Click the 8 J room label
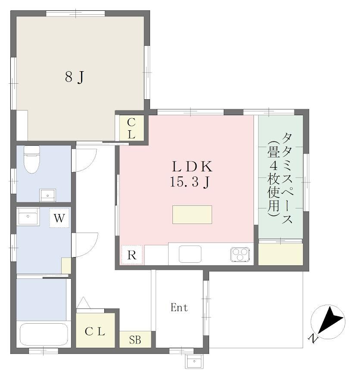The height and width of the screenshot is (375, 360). [x=75, y=77]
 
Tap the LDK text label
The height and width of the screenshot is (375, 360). [x=192, y=167]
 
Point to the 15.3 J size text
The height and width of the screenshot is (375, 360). [x=190, y=182]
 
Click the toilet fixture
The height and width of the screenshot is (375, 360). [x=31, y=159]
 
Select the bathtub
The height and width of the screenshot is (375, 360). [x=44, y=334]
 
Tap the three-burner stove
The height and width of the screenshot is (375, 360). [x=240, y=254]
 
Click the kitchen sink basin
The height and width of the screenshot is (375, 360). [x=190, y=254]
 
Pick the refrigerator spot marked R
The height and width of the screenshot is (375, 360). [x=132, y=255]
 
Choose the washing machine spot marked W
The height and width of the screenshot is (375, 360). [x=59, y=218]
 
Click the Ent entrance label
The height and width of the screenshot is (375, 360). [x=179, y=308]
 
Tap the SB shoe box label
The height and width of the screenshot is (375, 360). [x=135, y=340]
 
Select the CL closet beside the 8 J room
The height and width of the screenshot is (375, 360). [x=131, y=129]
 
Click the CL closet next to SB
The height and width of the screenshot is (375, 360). [x=95, y=331]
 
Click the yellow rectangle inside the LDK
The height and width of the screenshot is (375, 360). [x=192, y=215]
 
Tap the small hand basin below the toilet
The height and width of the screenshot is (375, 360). [x=47, y=195]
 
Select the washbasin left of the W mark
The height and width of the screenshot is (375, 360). [x=28, y=216]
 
